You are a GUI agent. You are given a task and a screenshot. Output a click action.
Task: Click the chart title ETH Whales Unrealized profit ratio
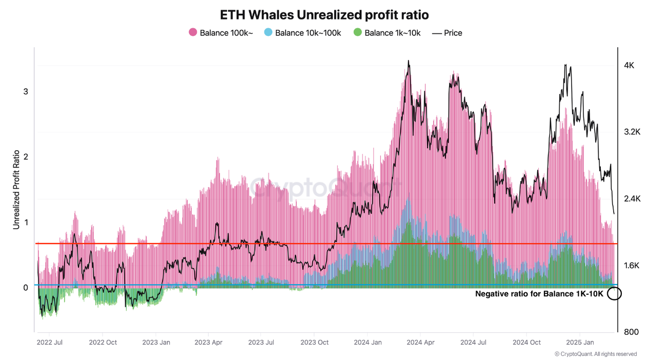(324, 14)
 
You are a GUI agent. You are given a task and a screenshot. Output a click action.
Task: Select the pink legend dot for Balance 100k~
(193, 32)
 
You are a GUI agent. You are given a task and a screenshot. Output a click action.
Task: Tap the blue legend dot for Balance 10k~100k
(268, 32)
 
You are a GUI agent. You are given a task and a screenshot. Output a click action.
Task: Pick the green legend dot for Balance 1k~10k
(357, 32)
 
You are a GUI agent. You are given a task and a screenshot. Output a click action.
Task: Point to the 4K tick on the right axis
(629, 66)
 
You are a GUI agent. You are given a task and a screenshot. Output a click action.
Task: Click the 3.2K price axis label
(632, 132)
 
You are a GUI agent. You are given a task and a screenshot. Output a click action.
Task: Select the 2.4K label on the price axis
(632, 199)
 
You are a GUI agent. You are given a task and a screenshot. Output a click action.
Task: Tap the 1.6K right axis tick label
(632, 266)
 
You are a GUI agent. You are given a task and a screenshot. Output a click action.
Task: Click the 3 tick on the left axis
(25, 92)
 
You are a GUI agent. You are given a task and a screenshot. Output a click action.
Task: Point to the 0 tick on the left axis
(25, 288)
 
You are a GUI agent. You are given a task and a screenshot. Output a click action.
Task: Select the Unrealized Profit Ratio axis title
(16, 189)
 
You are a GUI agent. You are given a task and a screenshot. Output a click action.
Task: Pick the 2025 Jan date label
(580, 342)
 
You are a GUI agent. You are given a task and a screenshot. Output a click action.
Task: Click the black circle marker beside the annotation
(614, 294)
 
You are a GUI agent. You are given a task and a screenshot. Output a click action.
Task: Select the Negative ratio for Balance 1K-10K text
(539, 294)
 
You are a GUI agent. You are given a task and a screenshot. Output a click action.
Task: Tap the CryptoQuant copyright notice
(596, 354)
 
